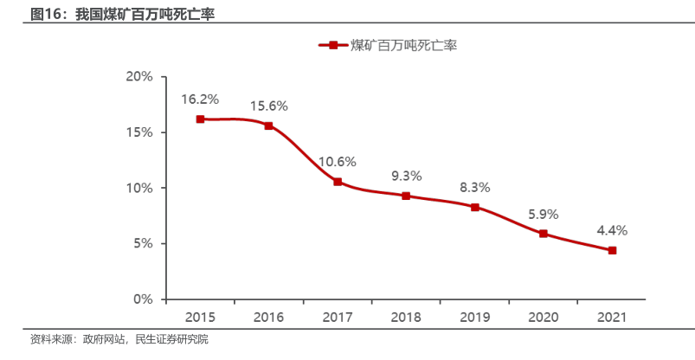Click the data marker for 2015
200,119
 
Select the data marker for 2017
338,182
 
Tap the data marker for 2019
475,208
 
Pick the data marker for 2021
612,251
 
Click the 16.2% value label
200,99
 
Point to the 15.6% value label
268,106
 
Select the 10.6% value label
338,161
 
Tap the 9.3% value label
406,176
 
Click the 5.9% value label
544,213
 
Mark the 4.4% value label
612,230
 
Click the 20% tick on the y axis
139,77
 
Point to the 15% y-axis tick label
139,132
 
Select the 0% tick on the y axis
143,299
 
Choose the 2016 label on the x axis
268,317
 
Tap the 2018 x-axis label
406,317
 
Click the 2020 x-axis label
544,317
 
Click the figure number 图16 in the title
48,14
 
